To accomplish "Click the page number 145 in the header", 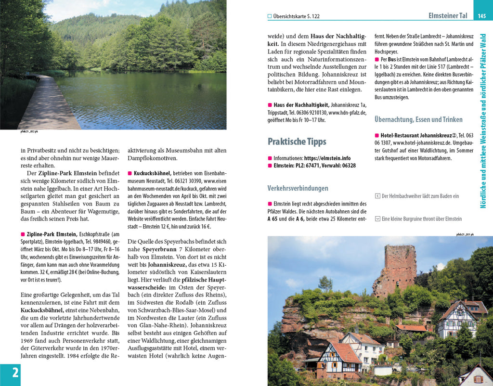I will [481, 16].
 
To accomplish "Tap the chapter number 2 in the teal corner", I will [15, 373].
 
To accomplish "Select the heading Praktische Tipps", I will [297, 142].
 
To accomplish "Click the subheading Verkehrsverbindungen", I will [298, 188].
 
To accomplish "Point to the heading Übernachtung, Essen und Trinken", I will [418, 119].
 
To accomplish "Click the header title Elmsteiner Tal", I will [448, 16].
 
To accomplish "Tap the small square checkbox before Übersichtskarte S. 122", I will [270, 16].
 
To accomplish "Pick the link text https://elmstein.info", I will [327, 158].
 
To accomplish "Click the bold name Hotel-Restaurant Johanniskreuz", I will [415, 136].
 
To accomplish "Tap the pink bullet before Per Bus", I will [376, 59].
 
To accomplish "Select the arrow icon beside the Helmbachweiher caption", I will [377, 196].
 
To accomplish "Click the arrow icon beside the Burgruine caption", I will [377, 219].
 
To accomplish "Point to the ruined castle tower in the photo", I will [400, 267].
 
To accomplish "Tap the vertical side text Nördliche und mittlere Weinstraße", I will [483, 120].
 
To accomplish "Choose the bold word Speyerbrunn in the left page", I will [160, 249].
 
